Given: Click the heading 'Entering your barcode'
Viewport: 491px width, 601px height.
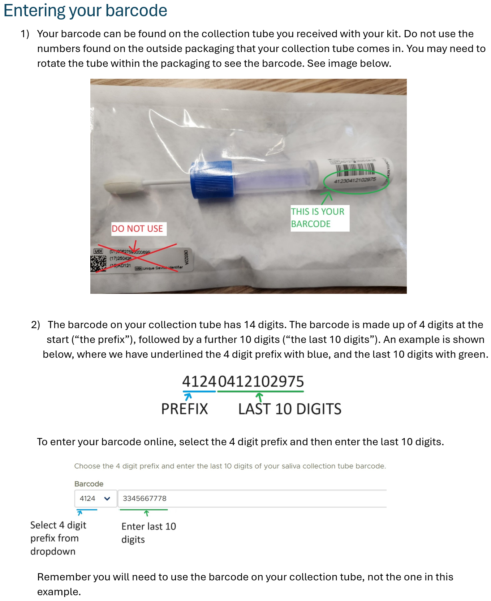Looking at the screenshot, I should tap(85, 10).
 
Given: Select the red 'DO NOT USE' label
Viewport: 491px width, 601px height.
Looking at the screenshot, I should tap(137, 229).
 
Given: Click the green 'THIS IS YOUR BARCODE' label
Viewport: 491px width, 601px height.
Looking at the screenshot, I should tap(318, 218).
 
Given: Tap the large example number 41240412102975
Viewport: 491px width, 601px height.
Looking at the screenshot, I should tap(243, 382).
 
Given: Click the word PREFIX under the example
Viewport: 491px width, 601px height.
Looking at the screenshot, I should tap(184, 409).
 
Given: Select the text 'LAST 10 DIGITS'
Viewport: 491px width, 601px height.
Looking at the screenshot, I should tap(289, 409).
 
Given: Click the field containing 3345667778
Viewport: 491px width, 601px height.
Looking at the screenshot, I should tap(252, 498).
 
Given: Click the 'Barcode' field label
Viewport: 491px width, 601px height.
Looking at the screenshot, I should tap(89, 484).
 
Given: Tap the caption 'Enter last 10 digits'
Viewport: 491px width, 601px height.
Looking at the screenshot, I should tap(148, 533).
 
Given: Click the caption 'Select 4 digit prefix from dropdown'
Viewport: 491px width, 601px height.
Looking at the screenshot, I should tap(58, 538).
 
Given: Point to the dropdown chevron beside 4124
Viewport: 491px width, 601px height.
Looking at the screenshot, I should tap(107, 499).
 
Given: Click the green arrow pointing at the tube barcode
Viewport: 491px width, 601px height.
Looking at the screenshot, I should tap(327, 198).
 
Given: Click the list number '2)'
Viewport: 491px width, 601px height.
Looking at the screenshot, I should tap(35, 325).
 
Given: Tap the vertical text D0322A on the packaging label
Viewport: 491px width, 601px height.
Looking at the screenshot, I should tap(186, 258).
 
